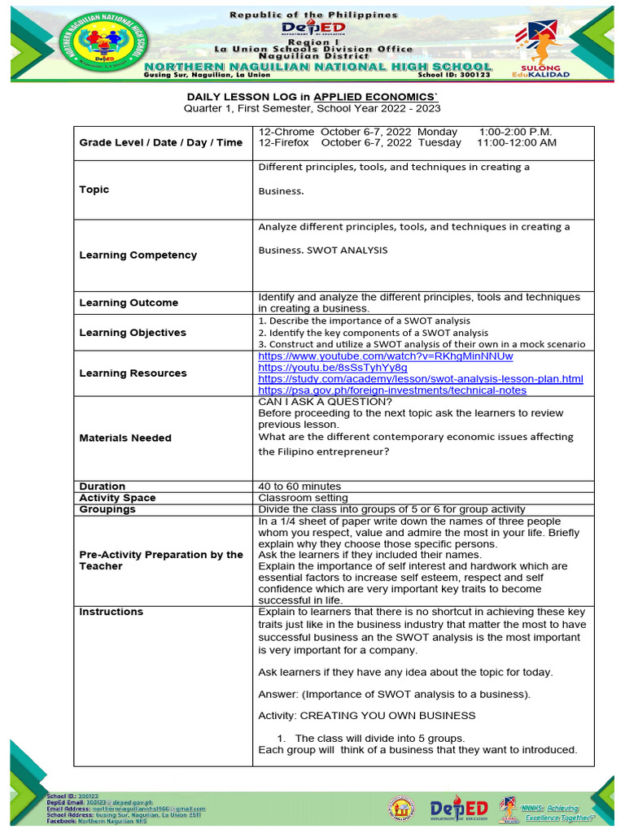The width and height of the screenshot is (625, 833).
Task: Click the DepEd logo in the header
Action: coord(313,29)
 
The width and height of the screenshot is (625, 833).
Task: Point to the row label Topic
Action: coord(94,190)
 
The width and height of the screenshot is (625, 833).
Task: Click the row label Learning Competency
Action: coord(138,255)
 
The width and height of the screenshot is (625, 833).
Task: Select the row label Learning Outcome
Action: coord(128,303)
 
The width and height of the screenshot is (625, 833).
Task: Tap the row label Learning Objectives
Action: coord(132,332)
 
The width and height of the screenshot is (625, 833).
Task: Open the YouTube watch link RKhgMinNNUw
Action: coord(385,356)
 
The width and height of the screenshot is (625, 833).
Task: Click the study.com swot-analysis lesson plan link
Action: coord(420,379)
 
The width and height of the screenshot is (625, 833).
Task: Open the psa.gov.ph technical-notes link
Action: coord(391,390)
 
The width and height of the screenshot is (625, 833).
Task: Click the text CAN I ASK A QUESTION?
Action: coord(325,401)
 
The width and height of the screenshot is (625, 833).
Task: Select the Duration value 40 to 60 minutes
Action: coord(299,486)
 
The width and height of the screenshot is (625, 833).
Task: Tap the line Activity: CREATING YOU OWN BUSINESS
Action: coord(366,715)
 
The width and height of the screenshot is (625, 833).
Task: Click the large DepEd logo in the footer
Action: coord(459,809)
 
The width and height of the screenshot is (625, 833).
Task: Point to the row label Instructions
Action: coord(111,612)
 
